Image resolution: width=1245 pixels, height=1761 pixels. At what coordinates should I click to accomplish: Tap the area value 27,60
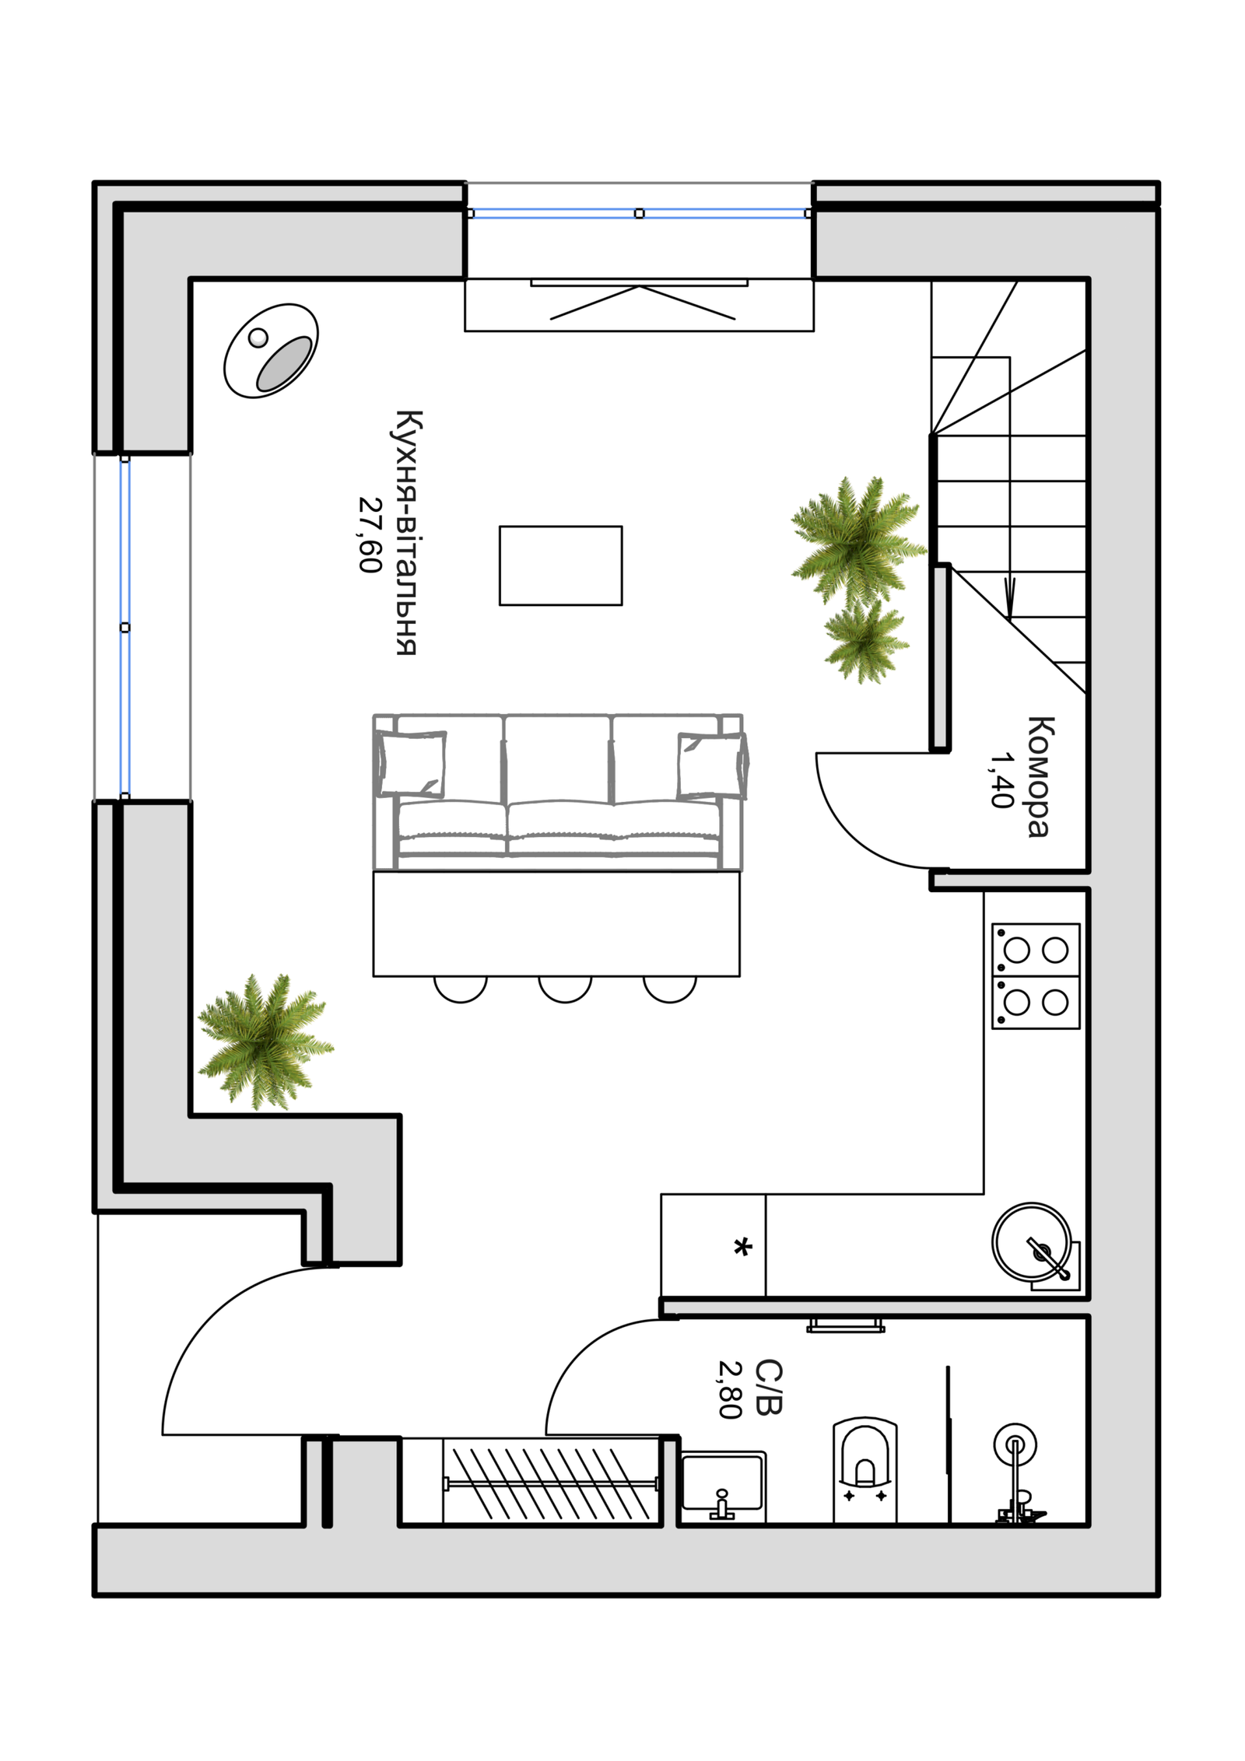370,534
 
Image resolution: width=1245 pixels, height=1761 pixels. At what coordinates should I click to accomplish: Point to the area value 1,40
1003,779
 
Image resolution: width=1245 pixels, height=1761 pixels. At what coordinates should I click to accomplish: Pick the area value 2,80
730,1389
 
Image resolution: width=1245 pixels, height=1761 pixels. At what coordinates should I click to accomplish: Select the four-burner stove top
1036,976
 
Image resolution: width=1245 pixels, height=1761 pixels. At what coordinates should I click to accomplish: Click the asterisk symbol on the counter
743,1248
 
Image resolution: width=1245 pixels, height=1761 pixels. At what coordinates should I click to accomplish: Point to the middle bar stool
565,989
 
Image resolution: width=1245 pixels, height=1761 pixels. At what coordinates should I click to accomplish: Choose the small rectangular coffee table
560,565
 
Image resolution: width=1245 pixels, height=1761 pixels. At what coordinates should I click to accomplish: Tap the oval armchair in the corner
271,351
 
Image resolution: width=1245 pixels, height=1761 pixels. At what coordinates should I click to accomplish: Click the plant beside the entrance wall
265,1041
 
